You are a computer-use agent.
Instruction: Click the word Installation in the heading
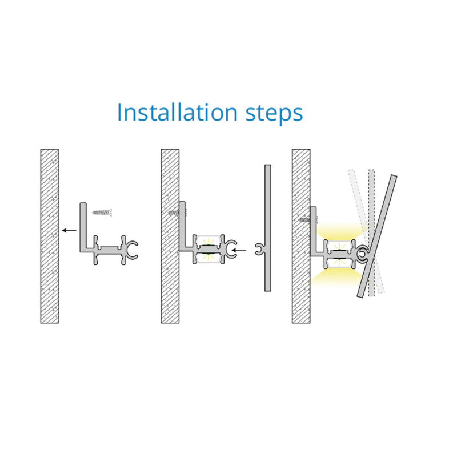(x=177, y=112)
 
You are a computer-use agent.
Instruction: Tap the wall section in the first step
(x=50, y=236)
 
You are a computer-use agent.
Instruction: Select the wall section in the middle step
(x=170, y=236)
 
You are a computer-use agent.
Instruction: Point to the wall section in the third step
(x=301, y=236)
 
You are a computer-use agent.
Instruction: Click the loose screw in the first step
(x=102, y=212)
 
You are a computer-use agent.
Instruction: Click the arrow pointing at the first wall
(x=69, y=231)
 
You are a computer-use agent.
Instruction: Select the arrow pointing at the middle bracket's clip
(x=239, y=250)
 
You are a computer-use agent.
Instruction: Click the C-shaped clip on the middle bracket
(x=232, y=250)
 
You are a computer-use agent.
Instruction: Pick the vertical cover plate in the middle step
(x=268, y=228)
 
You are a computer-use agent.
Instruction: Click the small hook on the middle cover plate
(x=259, y=250)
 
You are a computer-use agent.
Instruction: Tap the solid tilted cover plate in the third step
(x=377, y=236)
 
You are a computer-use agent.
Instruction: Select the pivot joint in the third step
(x=363, y=252)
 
